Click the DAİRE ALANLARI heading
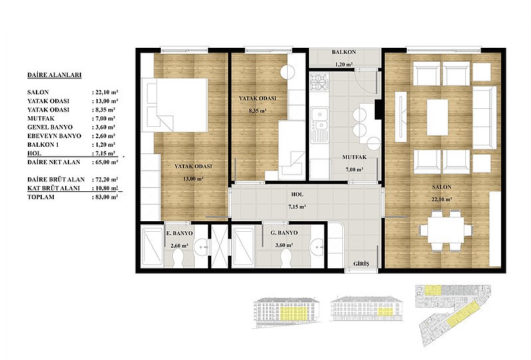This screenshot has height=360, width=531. [x=54, y=75]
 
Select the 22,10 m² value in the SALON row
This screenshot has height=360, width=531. [x=105, y=92]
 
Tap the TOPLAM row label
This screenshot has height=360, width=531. [x=41, y=197]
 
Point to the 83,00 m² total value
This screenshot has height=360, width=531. [x=105, y=197]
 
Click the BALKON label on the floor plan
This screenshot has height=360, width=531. [x=344, y=52]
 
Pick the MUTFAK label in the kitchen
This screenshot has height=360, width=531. [x=354, y=157]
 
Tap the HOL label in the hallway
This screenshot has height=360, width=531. [x=297, y=195]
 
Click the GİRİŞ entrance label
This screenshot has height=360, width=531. [x=361, y=264]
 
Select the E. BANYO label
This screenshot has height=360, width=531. [x=179, y=233]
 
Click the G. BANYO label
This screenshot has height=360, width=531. [x=284, y=232]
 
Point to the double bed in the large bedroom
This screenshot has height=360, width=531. [x=174, y=105]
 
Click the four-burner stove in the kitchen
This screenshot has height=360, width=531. [x=320, y=82]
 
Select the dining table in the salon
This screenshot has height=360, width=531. [x=445, y=230]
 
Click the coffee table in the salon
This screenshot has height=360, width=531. [x=437, y=117]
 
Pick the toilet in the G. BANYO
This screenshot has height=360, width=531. [x=286, y=258]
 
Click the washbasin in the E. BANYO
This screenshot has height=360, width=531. [x=202, y=246]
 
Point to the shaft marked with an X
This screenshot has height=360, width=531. [x=219, y=246]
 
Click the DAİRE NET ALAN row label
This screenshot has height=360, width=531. [x=54, y=162]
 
